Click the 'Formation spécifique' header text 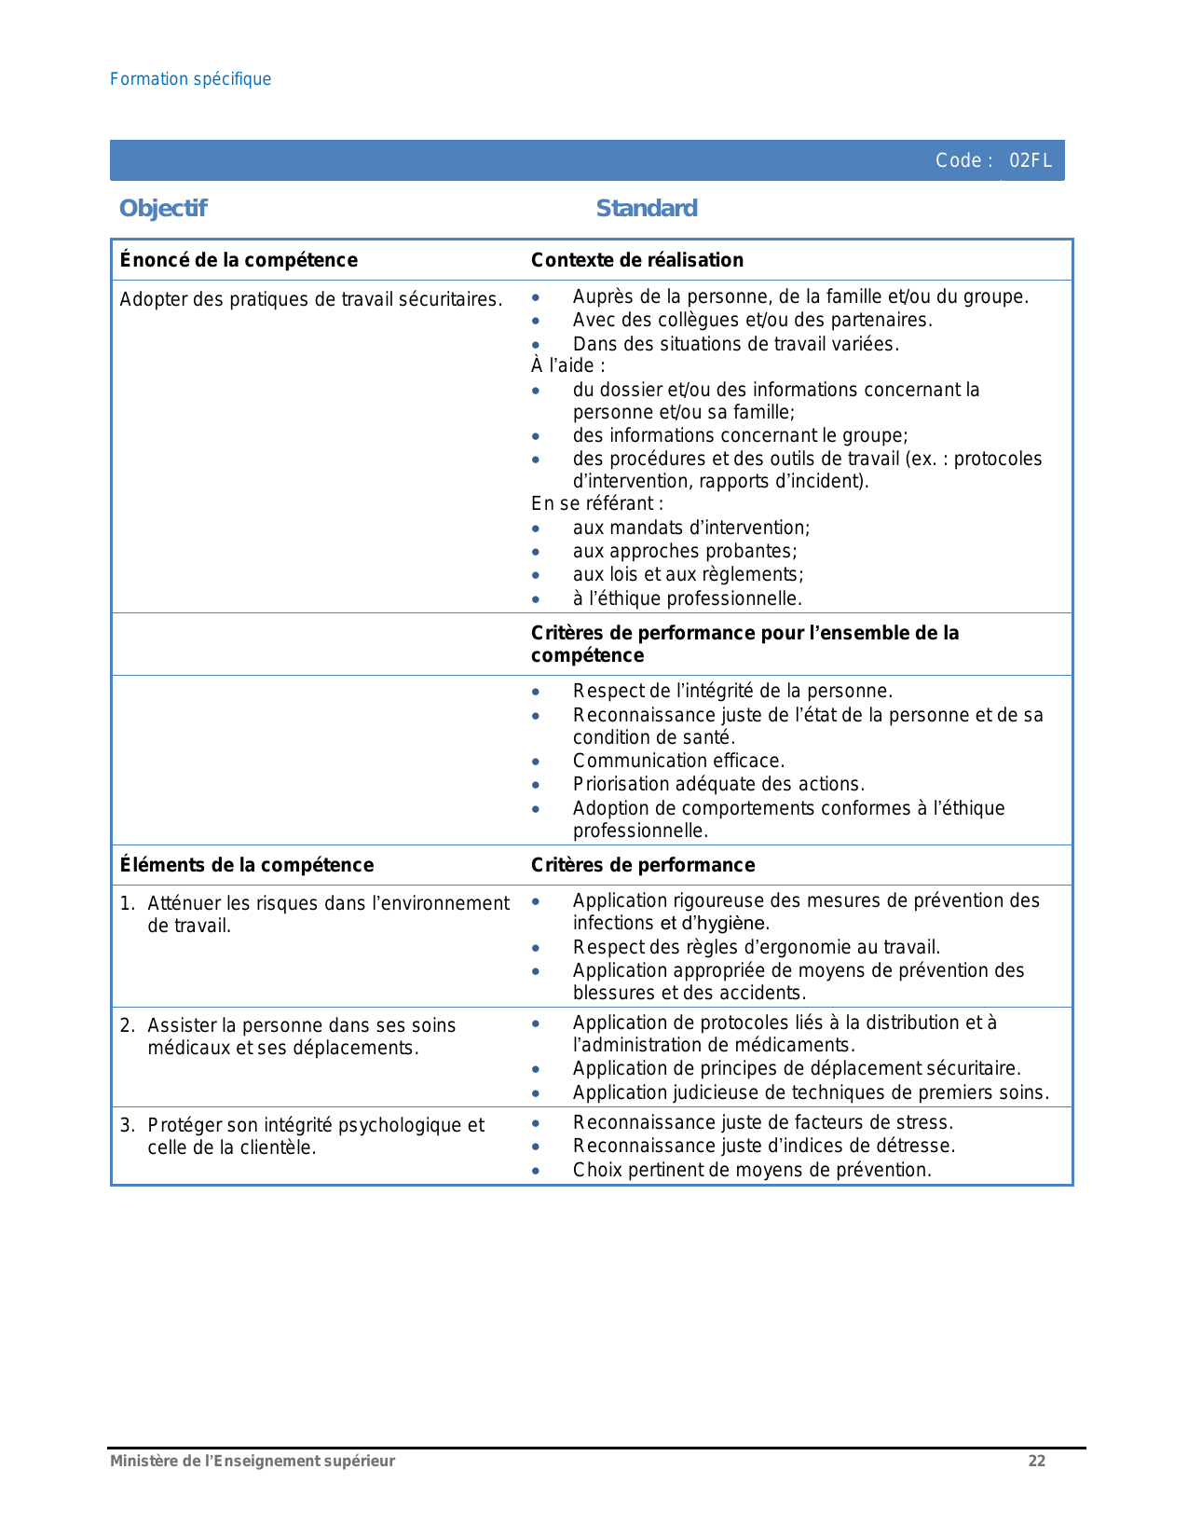coord(190,79)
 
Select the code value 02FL coord(1031,160)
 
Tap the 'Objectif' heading coord(163,208)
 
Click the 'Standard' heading coord(646,208)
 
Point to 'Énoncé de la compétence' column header coord(239,260)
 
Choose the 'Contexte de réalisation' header coord(636,260)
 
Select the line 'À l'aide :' coord(567,365)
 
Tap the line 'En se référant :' coord(596,503)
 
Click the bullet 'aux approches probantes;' coord(684,551)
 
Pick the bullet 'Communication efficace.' coord(678,761)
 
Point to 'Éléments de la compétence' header coord(247,865)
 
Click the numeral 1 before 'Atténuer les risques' coord(126,903)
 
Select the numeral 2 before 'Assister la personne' coord(126,1025)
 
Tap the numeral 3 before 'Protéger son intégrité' coord(126,1125)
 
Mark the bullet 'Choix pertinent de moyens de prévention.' coord(751,1170)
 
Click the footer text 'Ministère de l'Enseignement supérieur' coord(253,1461)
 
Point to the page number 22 coord(1036,1461)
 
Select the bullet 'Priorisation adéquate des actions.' coord(717,784)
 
